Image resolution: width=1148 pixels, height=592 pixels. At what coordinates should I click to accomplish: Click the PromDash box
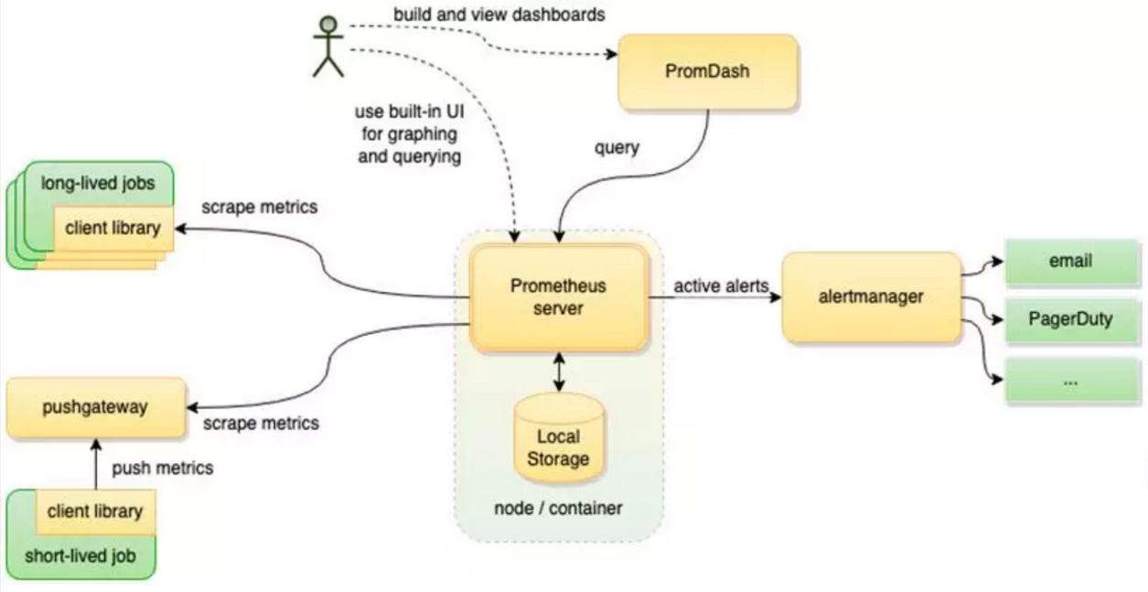[706, 70]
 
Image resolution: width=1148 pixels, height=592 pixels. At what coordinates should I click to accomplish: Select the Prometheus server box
[558, 297]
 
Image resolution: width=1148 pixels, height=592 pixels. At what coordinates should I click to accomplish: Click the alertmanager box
[870, 296]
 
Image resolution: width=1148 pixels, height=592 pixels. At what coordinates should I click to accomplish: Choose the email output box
[1070, 262]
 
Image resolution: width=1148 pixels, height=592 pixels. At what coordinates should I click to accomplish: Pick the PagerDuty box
[1070, 320]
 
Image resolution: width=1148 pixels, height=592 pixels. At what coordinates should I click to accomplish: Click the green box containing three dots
[1070, 381]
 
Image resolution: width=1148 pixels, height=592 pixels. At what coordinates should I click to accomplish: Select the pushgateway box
[94, 407]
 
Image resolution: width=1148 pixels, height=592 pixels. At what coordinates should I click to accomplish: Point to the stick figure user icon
[327, 46]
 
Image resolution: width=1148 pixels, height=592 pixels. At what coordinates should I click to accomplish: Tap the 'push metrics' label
[162, 468]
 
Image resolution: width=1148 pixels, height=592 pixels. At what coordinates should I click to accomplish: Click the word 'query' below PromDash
[617, 146]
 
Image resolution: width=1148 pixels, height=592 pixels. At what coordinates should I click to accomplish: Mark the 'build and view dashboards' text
[499, 16]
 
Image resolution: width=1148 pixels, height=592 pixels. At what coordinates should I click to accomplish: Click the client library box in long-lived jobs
[113, 228]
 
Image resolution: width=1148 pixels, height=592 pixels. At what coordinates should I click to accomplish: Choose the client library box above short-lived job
[94, 511]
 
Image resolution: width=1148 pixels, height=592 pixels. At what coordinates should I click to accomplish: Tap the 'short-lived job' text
[80, 555]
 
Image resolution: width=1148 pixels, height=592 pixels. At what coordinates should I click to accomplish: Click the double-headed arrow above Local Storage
[558, 371]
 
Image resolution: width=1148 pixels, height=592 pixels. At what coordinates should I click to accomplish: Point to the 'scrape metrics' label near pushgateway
[261, 423]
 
